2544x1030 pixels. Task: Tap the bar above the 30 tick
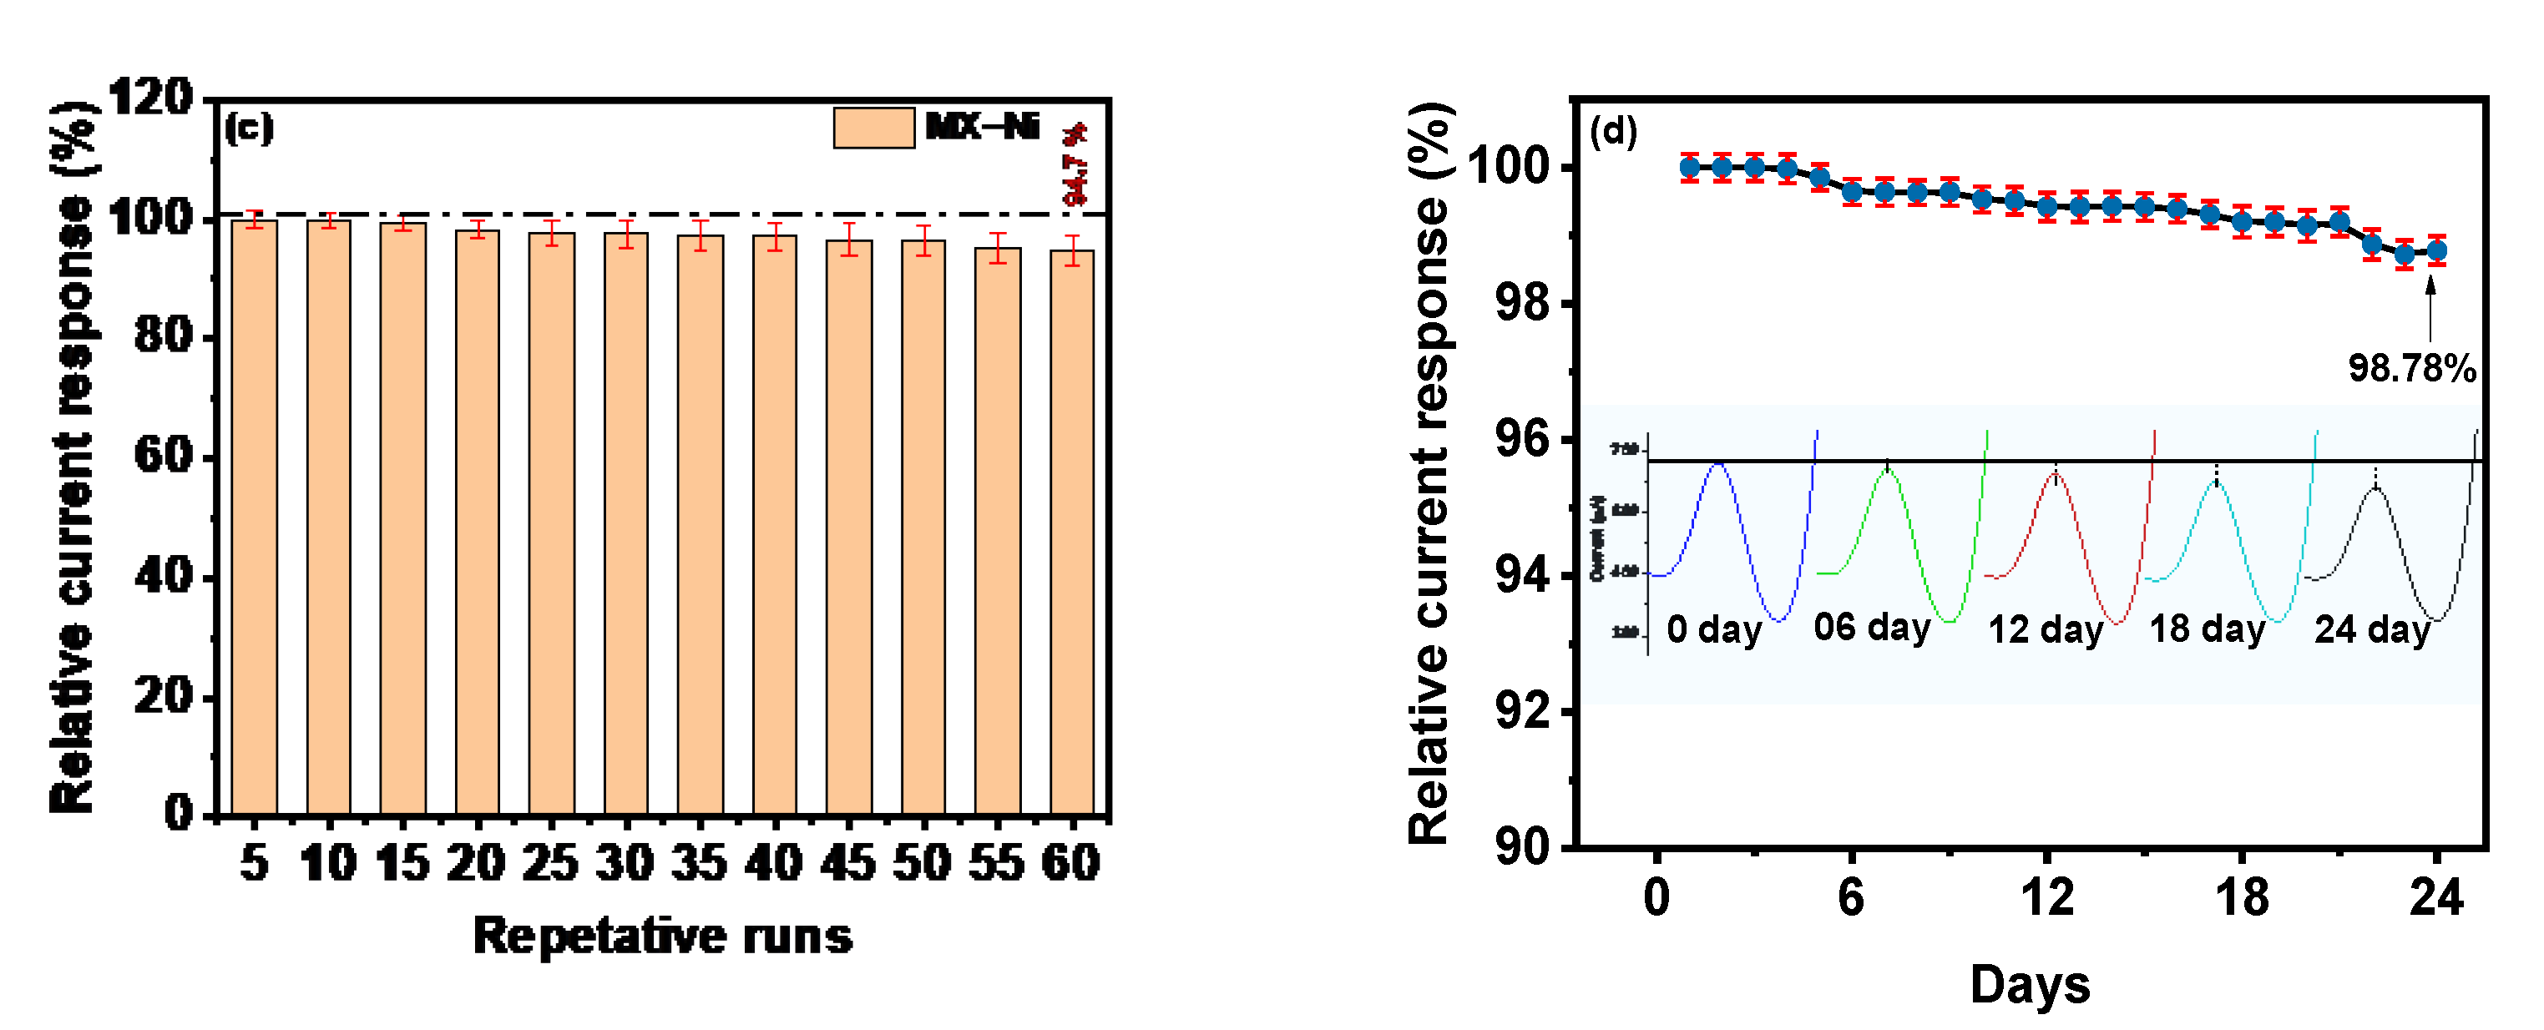coord(626,523)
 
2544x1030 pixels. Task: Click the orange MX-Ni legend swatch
coord(873,128)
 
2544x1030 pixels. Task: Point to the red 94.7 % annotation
coord(1075,164)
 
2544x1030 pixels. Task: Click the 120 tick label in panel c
coord(150,98)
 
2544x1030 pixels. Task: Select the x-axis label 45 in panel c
coord(848,863)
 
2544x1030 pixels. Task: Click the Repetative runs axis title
coord(663,935)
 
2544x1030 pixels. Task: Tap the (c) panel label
coord(248,129)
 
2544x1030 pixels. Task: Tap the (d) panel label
coord(1613,131)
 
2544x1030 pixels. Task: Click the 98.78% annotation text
coord(2410,368)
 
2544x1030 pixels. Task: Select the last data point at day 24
coord(2436,251)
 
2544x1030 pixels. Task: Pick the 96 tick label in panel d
coord(1522,438)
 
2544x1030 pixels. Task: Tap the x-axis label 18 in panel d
coord(2241,897)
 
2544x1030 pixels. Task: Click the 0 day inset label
coord(1713,629)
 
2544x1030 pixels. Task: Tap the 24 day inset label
coord(2371,629)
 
